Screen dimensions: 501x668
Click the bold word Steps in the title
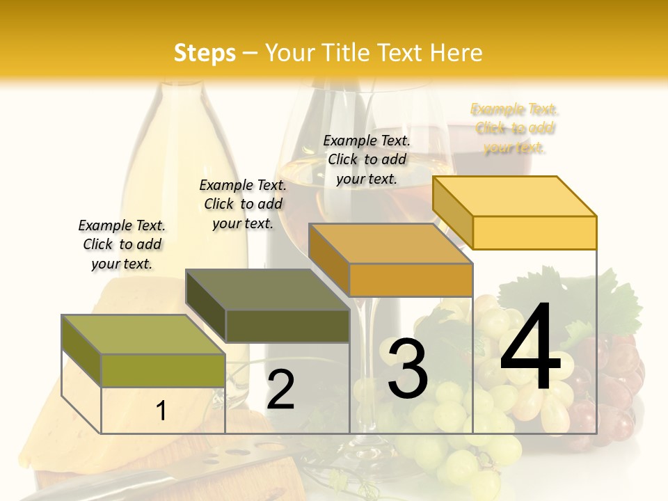pyautogui.click(x=205, y=53)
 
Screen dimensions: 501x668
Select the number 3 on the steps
pyautogui.click(x=407, y=369)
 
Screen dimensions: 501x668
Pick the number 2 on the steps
pyautogui.click(x=280, y=390)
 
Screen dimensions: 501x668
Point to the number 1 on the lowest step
pyautogui.click(x=161, y=411)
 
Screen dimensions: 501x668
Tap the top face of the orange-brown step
pyautogui.click(x=390, y=244)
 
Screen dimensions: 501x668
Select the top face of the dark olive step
pyautogui.click(x=267, y=289)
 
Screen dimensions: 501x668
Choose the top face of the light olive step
pyautogui.click(x=143, y=335)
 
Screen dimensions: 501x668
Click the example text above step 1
pyautogui.click(x=122, y=244)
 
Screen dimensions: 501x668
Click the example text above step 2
pyautogui.click(x=243, y=204)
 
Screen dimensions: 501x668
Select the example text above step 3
pyautogui.click(x=367, y=159)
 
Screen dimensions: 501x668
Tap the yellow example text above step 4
pyautogui.click(x=514, y=128)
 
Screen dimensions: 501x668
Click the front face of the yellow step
pyautogui.click(x=534, y=232)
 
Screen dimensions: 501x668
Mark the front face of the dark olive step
pyautogui.click(x=287, y=326)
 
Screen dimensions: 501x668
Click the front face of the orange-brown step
pyautogui.click(x=411, y=280)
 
